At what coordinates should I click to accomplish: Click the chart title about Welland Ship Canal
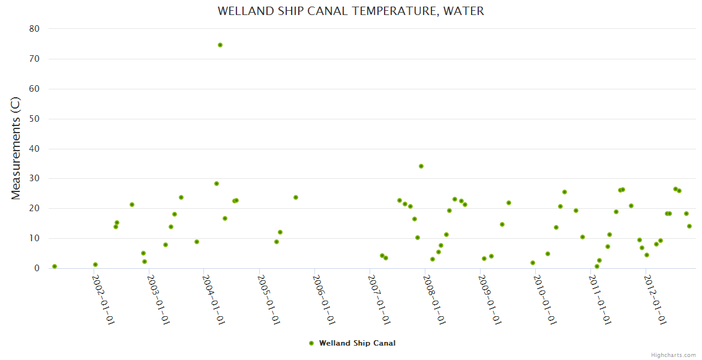(350, 11)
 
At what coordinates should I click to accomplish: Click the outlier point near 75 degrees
(220, 45)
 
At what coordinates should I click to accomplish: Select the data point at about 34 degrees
(421, 166)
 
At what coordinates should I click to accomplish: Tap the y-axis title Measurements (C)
(16, 148)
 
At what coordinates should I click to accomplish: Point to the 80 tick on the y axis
(34, 29)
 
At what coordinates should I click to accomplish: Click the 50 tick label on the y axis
(34, 119)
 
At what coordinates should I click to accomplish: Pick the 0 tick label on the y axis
(37, 268)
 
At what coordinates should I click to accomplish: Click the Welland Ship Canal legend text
(357, 343)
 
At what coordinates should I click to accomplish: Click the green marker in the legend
(311, 343)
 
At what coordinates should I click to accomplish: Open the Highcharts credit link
(673, 355)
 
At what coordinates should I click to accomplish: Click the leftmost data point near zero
(55, 266)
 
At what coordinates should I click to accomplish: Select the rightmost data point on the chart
(689, 226)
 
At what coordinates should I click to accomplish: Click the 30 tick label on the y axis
(34, 178)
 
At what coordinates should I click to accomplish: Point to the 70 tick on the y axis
(34, 59)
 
